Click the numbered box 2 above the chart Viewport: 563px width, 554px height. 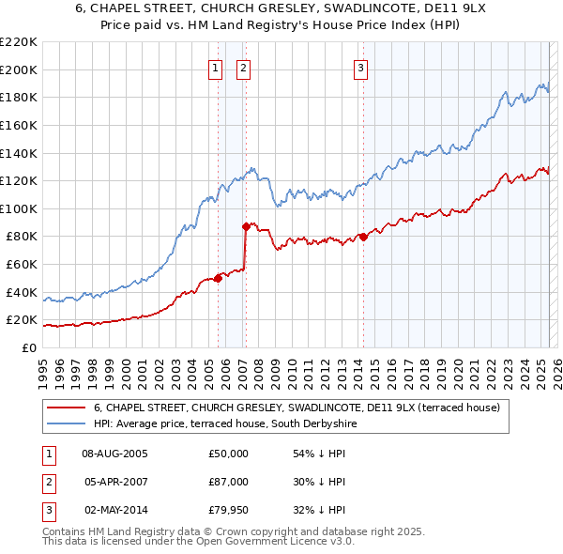[x=243, y=68]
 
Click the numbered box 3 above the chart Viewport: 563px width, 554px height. [x=361, y=68]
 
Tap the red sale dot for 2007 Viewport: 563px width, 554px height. [x=246, y=226]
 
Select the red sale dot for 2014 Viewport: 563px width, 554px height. [x=363, y=237]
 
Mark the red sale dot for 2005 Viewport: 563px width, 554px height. [x=218, y=277]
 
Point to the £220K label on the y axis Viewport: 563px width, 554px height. [x=19, y=42]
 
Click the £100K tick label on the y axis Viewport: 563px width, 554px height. [x=19, y=208]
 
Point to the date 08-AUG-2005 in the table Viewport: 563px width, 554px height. [x=115, y=454]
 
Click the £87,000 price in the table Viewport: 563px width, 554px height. [x=228, y=482]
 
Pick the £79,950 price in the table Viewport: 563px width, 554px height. [x=228, y=510]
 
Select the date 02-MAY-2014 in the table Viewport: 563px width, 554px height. [x=115, y=510]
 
